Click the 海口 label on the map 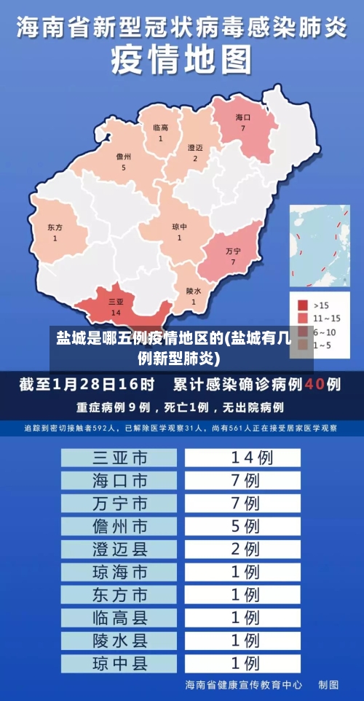[242, 117]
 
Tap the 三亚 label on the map [116, 302]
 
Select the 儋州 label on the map [123, 157]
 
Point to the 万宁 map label [233, 251]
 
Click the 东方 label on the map [55, 227]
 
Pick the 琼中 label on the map [179, 227]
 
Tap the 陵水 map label [193, 290]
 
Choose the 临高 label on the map [160, 128]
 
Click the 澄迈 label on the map [195, 147]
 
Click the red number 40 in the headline [314, 383]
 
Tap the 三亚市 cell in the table [119, 458]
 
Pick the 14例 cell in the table [242, 458]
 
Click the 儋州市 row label [119, 525]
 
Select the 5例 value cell [242, 525]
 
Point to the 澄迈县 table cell [119, 549]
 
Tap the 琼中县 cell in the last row [119, 664]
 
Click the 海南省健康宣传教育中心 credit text [244, 686]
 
